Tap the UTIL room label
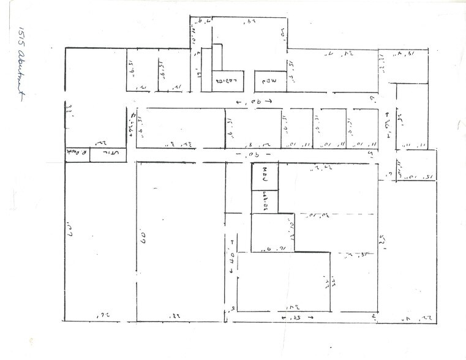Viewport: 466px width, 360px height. pyautogui.click(x=108, y=154)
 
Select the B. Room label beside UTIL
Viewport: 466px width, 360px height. pyautogui.click(x=78, y=154)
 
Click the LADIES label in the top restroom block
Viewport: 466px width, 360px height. pyautogui.click(x=228, y=80)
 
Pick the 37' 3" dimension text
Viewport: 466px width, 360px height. pyautogui.click(x=182, y=144)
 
